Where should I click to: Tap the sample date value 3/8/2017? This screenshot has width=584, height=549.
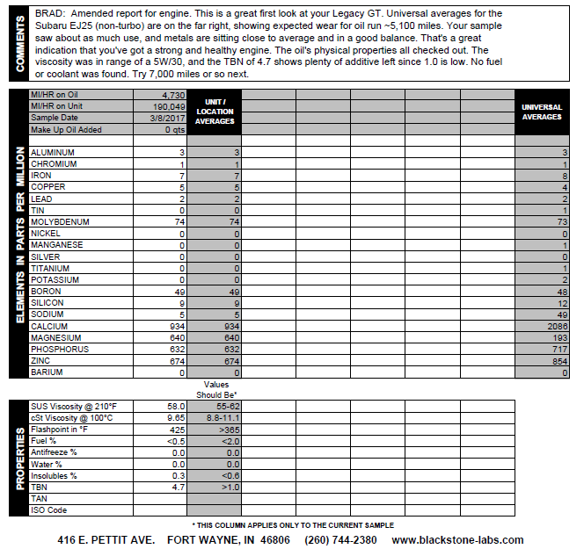click(167, 117)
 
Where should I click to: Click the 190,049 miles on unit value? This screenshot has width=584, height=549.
click(166, 105)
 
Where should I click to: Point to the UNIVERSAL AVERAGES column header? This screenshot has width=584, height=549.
click(541, 112)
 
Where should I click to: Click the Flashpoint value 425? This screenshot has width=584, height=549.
click(175, 430)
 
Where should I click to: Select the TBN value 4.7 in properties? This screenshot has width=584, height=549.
click(177, 486)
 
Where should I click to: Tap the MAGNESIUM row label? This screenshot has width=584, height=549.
click(55, 337)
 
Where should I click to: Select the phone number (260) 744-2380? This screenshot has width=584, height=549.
click(340, 539)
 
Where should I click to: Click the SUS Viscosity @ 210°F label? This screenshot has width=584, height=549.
click(75, 407)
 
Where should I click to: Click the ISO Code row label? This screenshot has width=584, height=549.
click(51, 509)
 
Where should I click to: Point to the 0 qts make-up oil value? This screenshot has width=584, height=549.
click(173, 129)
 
